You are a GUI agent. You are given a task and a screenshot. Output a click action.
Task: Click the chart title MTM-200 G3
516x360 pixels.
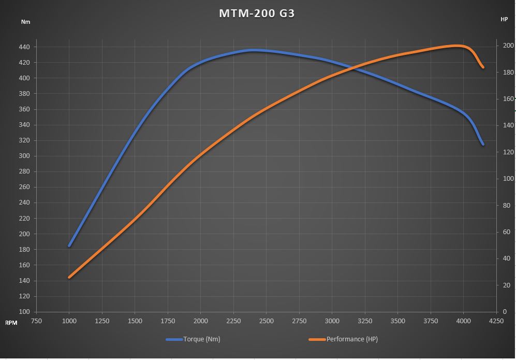click(257, 13)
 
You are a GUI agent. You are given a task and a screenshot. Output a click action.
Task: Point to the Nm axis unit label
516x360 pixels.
click(25, 22)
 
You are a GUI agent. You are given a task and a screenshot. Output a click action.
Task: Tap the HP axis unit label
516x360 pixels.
click(504, 19)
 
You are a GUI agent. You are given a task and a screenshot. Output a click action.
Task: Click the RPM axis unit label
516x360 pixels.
click(11, 322)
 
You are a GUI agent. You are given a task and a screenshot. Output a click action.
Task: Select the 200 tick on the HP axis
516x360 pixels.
click(508, 46)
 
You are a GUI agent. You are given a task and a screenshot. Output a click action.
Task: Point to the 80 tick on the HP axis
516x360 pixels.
click(507, 205)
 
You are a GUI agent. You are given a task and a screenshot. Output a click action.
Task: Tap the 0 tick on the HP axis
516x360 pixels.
click(505, 312)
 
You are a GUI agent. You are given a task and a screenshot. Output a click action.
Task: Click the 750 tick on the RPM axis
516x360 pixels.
click(36, 321)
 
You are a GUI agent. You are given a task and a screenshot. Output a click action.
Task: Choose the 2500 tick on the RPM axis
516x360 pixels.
click(266, 321)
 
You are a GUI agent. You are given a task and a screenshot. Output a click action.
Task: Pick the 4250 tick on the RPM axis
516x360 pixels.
click(496, 321)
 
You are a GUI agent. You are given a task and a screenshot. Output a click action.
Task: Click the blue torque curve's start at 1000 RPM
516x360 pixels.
click(69, 246)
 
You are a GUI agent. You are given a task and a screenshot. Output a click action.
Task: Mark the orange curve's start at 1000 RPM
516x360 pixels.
click(69, 277)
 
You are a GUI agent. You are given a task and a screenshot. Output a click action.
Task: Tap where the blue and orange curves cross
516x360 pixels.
click(350, 67)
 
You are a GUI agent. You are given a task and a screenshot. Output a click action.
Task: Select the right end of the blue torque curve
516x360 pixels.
click(482, 144)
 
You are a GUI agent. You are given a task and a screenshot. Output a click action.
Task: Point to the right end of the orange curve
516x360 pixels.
click(482, 67)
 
